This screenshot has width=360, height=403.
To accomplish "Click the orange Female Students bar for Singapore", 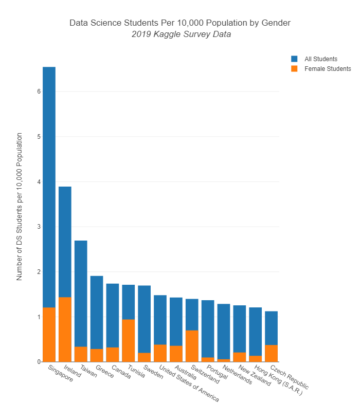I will click(49, 334).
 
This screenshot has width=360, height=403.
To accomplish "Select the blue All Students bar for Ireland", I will click(65, 242).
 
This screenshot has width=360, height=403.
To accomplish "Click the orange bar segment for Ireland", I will click(65, 329).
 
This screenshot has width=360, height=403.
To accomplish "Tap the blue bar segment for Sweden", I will click(144, 319).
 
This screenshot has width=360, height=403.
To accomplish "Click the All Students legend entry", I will click(320, 59).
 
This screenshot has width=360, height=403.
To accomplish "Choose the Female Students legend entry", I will click(327, 68).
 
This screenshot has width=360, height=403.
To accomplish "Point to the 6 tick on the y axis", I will click(38, 91).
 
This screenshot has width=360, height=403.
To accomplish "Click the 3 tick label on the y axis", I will click(38, 227).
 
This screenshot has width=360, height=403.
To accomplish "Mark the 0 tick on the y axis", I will click(38, 362).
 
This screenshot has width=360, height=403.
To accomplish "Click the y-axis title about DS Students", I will click(20, 206).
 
